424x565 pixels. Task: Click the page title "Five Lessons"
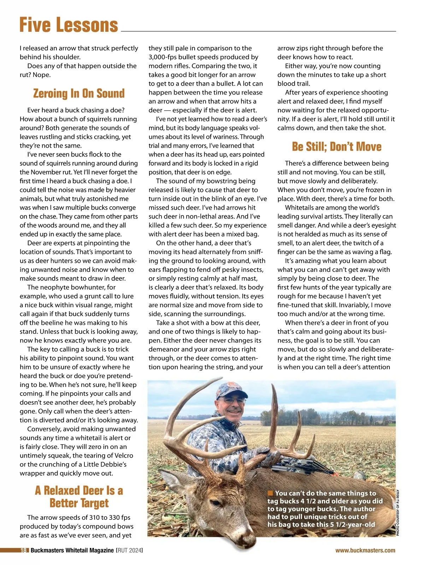click(x=69, y=25)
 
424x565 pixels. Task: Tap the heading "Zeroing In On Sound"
click(x=79, y=94)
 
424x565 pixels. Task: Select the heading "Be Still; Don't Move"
click(x=336, y=147)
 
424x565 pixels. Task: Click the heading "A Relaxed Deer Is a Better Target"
click(x=79, y=496)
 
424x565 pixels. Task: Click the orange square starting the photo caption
click(x=270, y=493)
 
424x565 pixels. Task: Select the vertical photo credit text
click(x=397, y=513)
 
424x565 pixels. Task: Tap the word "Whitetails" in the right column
click(x=302, y=208)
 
